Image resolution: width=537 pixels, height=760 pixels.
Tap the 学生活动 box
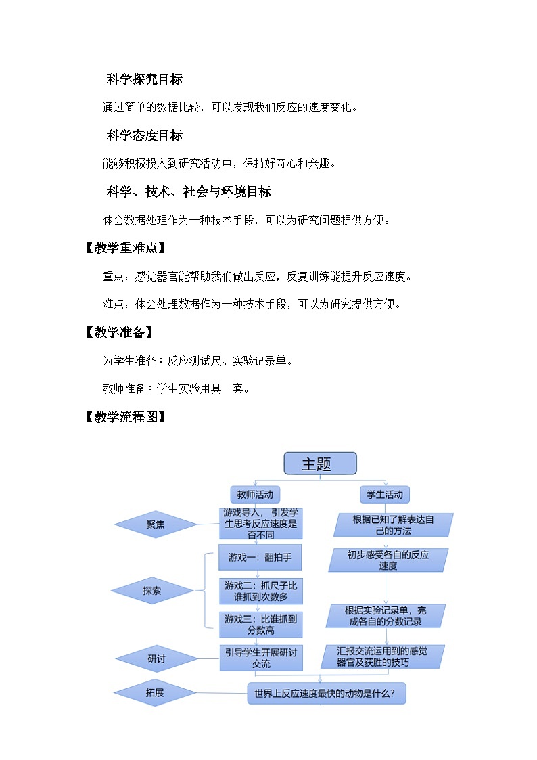pos(384,495)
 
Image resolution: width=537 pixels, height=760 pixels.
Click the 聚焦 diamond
pos(156,524)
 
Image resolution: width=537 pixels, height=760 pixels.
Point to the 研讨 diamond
pos(156,658)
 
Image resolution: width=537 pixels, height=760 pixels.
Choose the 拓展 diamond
pos(155,692)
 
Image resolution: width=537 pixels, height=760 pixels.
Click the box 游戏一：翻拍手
pos(260,558)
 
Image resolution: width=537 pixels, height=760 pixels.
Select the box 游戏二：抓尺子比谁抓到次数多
pos(260,591)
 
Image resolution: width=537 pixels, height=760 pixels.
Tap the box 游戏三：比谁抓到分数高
pos(260,624)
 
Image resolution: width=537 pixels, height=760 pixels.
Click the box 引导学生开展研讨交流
pos(260,657)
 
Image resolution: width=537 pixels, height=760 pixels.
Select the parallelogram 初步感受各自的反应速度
pos(388,560)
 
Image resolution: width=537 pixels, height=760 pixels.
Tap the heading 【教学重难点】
pos(124,248)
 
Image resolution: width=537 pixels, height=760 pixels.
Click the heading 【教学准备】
pos(118,332)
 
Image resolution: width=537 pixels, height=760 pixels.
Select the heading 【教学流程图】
pos(124,417)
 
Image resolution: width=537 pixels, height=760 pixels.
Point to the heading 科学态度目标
pos(145,135)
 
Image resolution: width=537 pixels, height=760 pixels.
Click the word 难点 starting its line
pos(113,304)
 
